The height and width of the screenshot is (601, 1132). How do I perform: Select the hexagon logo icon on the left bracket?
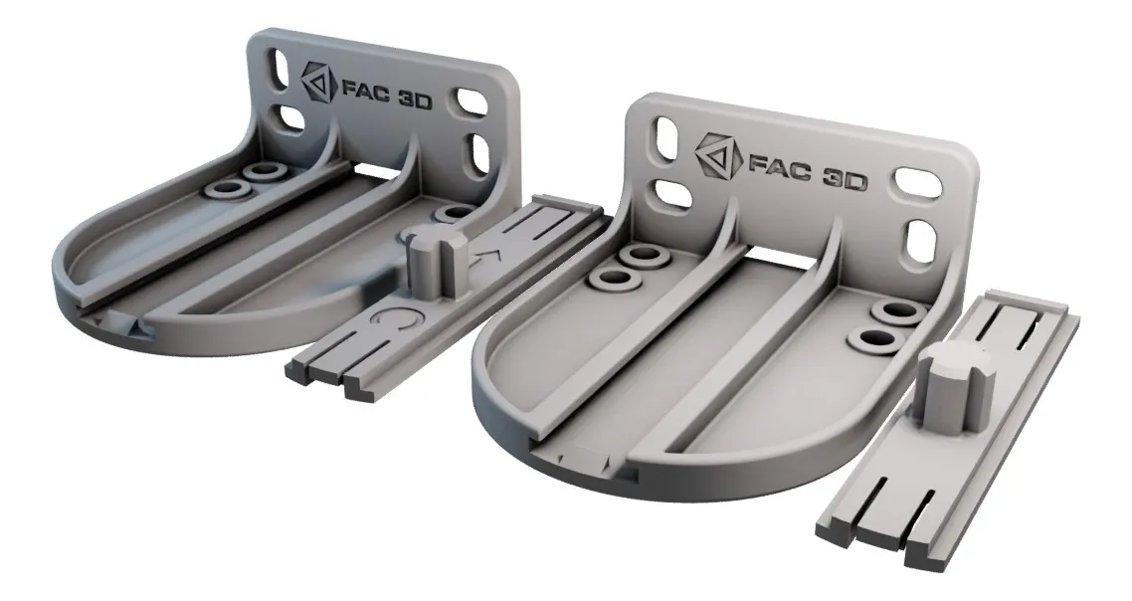tap(318, 82)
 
